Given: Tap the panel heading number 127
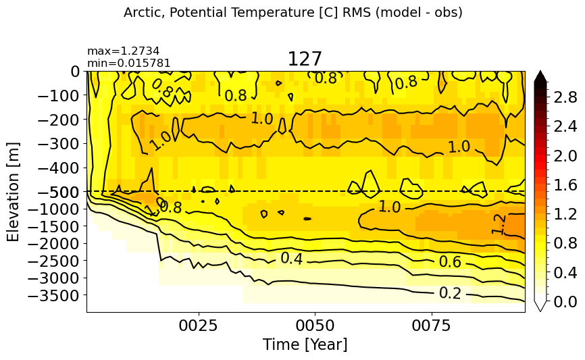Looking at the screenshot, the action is (305, 59).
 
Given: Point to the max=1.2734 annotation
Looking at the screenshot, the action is (124, 51).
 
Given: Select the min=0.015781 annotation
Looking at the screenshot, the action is (129, 63).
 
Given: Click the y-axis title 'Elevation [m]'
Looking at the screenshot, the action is (13, 192).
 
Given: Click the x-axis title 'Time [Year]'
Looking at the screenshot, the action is (305, 344).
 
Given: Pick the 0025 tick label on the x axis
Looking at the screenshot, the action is (198, 326).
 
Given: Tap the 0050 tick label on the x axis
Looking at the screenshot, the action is (315, 326).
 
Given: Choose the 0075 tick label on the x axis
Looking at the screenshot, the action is (432, 326).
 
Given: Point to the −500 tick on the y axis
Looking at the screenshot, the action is (59, 192).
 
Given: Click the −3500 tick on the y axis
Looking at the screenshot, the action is (54, 295).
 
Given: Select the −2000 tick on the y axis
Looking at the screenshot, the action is (54, 244).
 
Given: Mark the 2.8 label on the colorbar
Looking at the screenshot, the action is (565, 98).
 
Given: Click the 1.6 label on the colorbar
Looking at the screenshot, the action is (565, 185).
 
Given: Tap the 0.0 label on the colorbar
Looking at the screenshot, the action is (565, 302).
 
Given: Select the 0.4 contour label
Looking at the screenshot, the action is (292, 258).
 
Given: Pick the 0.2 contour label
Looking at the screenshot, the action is (451, 293).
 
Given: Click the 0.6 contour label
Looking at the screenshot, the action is (451, 262).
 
